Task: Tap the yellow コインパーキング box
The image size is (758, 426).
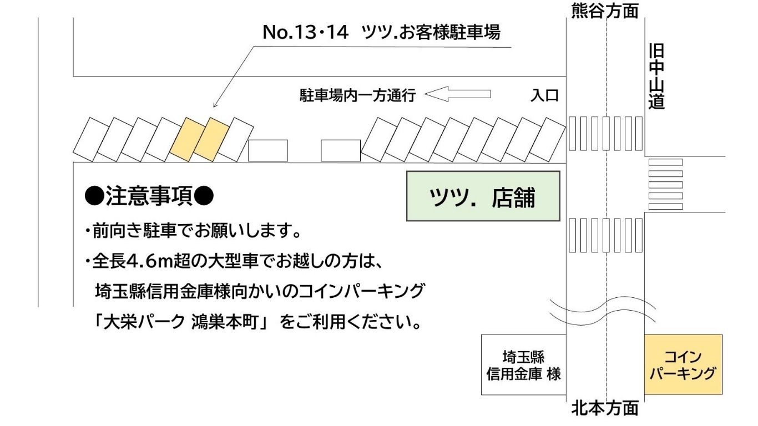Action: pyautogui.click(x=683, y=364)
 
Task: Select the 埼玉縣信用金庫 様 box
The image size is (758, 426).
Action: pyautogui.click(x=523, y=364)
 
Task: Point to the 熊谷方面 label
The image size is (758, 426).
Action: pyautogui.click(x=605, y=11)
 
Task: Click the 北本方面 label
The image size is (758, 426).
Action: pyautogui.click(x=605, y=409)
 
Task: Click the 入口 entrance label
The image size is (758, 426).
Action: pyautogui.click(x=544, y=95)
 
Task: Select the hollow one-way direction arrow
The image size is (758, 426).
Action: pyautogui.click(x=458, y=94)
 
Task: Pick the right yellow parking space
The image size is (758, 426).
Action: pyautogui.click(x=211, y=139)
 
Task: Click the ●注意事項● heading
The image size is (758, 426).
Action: pyautogui.click(x=149, y=195)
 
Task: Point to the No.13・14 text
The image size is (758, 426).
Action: pyautogui.click(x=305, y=33)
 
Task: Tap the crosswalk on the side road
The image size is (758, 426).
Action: pyautogui.click(x=665, y=184)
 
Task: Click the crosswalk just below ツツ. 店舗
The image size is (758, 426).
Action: pyautogui.click(x=605, y=235)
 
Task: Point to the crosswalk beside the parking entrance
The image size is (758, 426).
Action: pyautogui.click(x=605, y=133)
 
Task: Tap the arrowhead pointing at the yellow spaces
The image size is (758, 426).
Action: pyautogui.click(x=215, y=105)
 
